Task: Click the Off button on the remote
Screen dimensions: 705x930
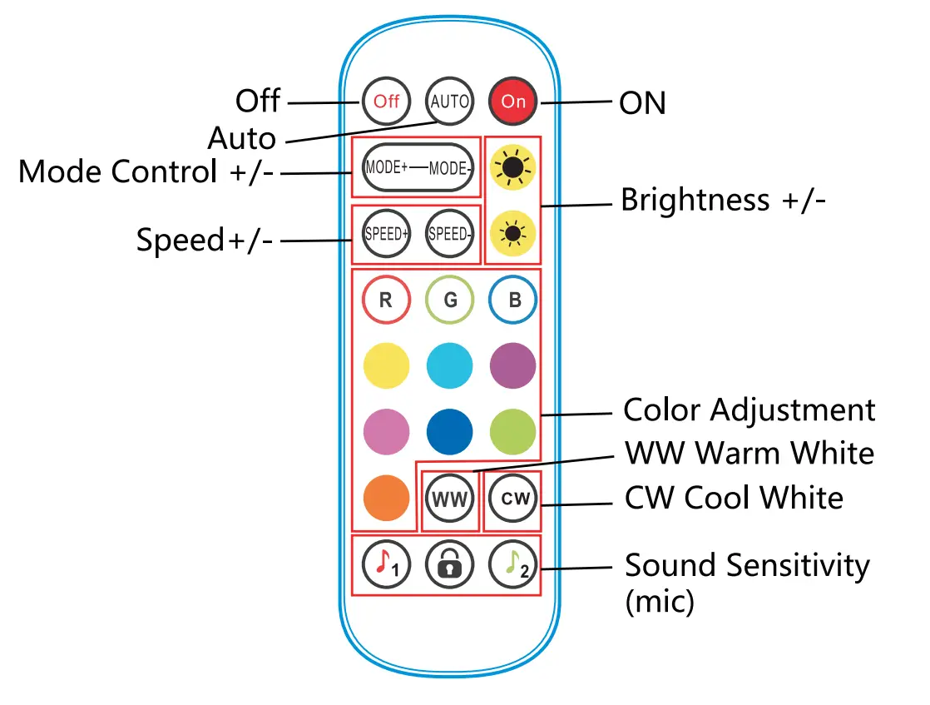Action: tap(386, 102)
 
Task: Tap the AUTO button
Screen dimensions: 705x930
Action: tap(449, 102)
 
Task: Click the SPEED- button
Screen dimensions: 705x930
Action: tap(449, 234)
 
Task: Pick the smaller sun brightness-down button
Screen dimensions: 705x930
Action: tap(512, 234)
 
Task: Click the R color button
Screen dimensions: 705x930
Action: tap(386, 300)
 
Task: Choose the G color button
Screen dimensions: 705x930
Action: tap(450, 300)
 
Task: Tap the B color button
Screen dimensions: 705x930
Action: tap(513, 300)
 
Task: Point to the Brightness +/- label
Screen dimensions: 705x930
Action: tap(723, 201)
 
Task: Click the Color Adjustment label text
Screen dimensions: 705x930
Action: tap(749, 410)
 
